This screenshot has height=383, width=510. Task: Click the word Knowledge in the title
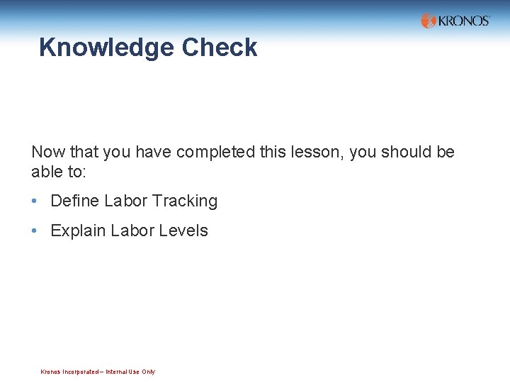tap(107, 48)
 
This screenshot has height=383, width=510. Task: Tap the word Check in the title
tap(220, 48)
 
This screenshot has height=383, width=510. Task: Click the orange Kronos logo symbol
tap(429, 21)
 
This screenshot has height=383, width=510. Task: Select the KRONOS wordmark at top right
tap(464, 21)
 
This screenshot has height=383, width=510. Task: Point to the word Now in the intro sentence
tap(47, 152)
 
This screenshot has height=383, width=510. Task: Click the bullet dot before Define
tap(35, 201)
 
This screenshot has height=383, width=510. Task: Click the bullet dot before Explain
tap(35, 231)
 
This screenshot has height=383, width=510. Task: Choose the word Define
tap(74, 201)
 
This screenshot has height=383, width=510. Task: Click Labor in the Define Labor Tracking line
tap(125, 201)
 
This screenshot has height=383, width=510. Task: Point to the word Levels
tap(185, 231)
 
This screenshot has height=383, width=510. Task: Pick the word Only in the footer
tap(148, 372)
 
